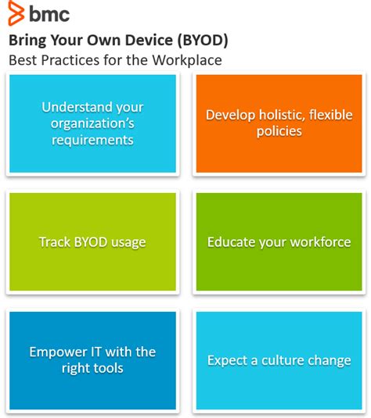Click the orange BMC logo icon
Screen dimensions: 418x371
point(16,13)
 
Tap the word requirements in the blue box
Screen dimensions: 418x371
point(92,140)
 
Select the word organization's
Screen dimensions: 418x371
point(92,123)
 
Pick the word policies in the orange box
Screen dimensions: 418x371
point(279,131)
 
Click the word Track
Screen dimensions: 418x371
point(55,242)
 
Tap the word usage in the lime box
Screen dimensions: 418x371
point(128,242)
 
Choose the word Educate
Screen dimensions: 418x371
point(233,242)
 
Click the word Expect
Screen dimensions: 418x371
point(226,360)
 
